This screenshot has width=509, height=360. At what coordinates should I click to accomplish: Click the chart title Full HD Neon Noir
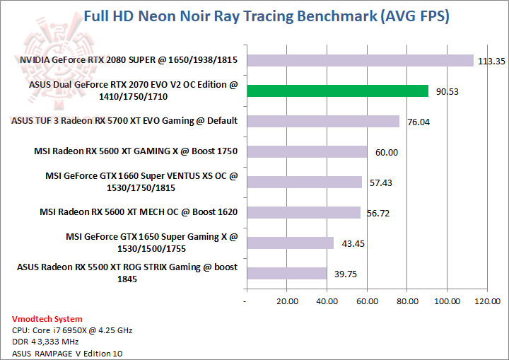point(266,16)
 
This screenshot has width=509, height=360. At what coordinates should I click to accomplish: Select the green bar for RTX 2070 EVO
point(337,91)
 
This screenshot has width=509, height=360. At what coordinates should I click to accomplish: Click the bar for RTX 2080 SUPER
point(359,61)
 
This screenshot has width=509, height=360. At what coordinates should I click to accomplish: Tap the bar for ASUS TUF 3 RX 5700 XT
point(322,121)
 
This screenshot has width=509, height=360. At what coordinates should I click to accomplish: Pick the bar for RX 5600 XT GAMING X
point(306,151)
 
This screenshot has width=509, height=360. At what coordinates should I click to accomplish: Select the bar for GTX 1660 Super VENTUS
point(303,182)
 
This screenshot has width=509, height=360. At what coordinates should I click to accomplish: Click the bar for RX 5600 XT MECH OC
point(303,212)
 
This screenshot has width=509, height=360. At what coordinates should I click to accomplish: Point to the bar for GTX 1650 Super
point(289,243)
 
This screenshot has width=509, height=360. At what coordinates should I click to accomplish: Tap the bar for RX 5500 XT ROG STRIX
point(286,273)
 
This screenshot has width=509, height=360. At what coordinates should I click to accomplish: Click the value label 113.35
point(491,62)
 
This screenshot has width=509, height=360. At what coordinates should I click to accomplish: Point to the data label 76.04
point(419,122)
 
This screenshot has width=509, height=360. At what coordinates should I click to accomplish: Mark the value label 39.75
point(344,274)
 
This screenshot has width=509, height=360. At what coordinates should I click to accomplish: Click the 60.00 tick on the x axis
point(366,301)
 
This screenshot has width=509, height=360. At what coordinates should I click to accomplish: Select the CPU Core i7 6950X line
point(72,330)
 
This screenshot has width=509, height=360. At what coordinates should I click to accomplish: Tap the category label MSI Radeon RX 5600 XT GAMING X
point(135,151)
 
